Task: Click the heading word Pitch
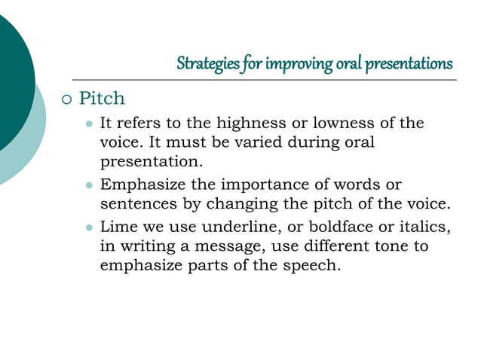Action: point(102,99)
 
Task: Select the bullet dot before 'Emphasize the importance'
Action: point(89,185)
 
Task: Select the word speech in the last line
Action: point(317,265)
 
